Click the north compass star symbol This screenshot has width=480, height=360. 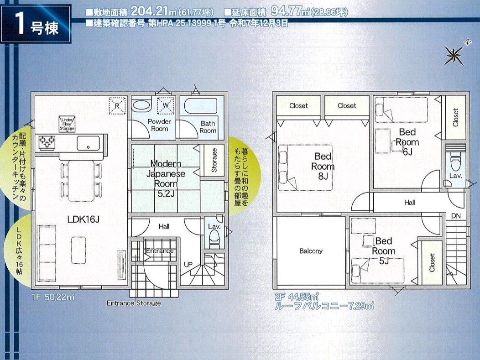point(454,55)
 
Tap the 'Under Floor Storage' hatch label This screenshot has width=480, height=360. point(67,124)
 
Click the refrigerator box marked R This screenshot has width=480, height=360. point(117,105)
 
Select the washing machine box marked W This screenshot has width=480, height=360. point(166,105)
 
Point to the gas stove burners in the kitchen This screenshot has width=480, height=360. point(47,143)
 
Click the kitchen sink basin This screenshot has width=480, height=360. point(88,143)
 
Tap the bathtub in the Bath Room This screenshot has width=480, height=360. point(200,105)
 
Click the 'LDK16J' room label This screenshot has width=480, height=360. point(83,219)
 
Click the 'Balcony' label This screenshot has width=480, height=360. point(311,251)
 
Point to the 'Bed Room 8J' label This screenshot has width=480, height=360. point(323,166)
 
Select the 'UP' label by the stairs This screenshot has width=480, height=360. point(188,264)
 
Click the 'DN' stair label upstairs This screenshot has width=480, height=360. point(456,216)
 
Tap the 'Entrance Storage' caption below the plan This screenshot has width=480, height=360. point(134,303)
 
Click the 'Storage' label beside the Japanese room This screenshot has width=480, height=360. point(214,160)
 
